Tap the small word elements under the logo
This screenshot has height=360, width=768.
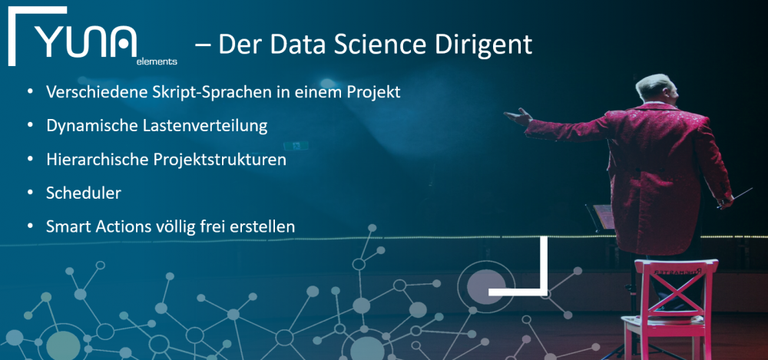(157, 62)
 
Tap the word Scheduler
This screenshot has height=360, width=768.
(83, 193)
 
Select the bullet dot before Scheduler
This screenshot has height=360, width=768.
(31, 193)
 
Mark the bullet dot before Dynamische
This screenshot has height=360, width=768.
(31, 126)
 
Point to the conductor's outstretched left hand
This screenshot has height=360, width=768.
(517, 117)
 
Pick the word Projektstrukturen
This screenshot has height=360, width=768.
(220, 160)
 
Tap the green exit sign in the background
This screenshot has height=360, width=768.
(296, 146)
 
